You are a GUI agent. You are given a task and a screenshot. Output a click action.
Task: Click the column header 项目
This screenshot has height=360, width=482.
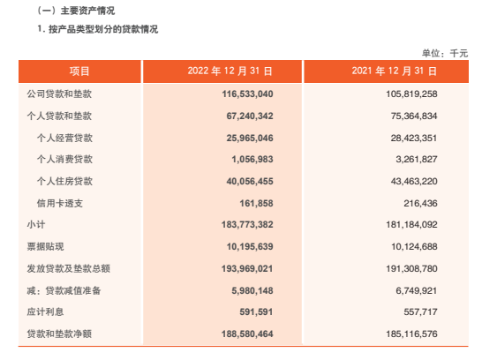click(79, 71)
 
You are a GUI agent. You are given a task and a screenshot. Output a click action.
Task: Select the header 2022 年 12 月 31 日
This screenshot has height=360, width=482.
click(230, 71)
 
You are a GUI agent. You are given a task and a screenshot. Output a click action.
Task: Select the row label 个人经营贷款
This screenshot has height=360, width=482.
click(64, 137)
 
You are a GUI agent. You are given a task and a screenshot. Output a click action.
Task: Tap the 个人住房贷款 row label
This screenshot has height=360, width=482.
click(64, 181)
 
